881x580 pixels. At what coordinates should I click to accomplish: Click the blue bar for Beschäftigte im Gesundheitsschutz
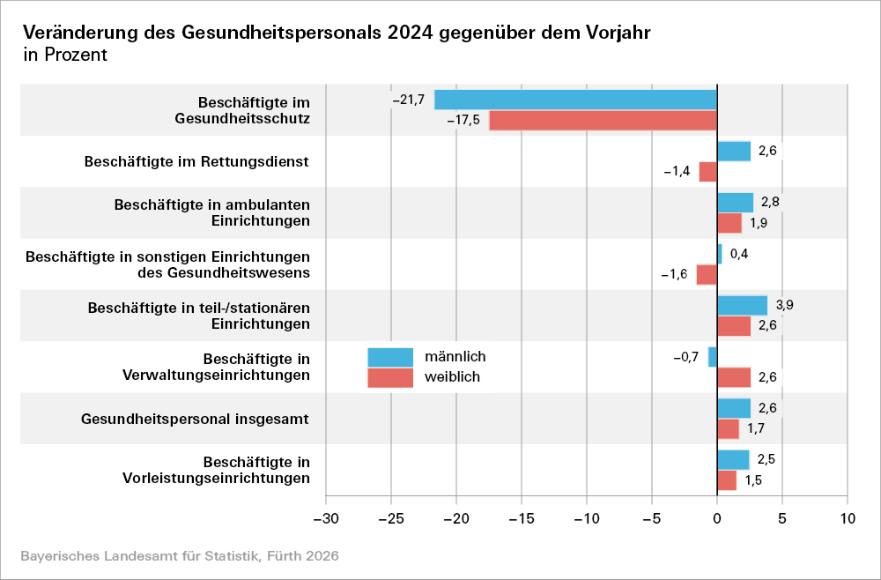click(575, 100)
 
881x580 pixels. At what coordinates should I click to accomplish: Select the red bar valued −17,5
click(603, 120)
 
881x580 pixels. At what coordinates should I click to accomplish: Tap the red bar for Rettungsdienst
click(707, 171)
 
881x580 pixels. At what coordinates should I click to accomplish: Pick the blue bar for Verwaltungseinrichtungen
click(713, 357)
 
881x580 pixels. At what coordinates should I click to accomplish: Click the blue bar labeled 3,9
click(742, 305)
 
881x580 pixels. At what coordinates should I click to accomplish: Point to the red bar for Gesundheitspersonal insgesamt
click(728, 429)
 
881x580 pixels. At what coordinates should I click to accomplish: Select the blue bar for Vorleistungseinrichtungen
click(733, 460)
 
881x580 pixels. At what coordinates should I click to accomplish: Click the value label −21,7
click(409, 100)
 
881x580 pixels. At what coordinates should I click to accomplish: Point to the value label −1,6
click(675, 274)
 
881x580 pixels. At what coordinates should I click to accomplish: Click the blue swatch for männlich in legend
click(390, 357)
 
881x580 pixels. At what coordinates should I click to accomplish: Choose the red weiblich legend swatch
click(390, 377)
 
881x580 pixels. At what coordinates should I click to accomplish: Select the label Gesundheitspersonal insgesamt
click(195, 419)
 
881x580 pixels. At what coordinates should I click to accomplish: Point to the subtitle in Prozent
click(65, 55)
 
